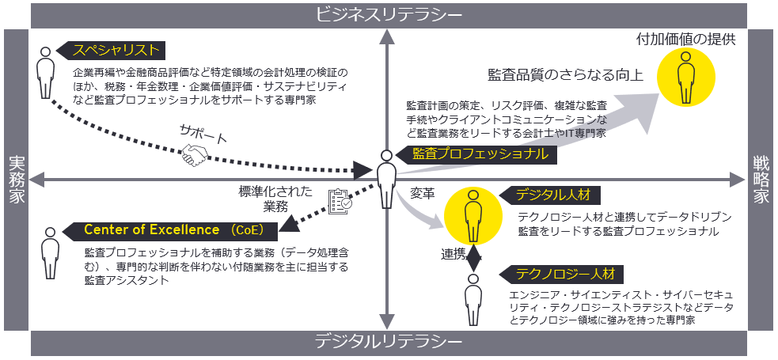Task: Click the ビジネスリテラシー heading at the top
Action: click(388, 14)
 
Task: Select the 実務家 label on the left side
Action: click(16, 180)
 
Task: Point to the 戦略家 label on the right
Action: click(761, 180)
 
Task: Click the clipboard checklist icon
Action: click(339, 202)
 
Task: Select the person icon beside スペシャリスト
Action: click(46, 72)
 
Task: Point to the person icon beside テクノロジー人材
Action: click(472, 300)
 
